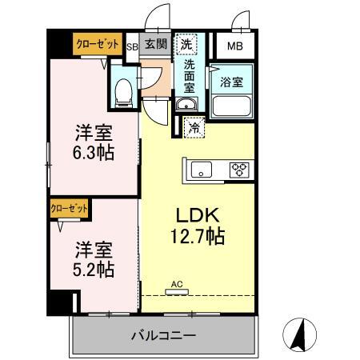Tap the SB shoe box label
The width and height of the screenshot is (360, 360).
click(x=133, y=46)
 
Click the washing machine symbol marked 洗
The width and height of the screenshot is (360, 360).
click(x=186, y=45)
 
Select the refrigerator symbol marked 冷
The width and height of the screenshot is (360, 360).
click(x=194, y=126)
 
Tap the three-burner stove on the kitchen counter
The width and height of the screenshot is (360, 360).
click(x=238, y=168)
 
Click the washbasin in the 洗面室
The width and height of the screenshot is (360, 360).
click(x=186, y=106)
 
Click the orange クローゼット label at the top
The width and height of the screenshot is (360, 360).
click(x=99, y=45)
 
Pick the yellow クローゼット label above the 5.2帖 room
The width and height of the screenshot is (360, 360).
click(x=69, y=207)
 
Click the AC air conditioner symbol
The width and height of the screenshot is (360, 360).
click(x=175, y=287)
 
